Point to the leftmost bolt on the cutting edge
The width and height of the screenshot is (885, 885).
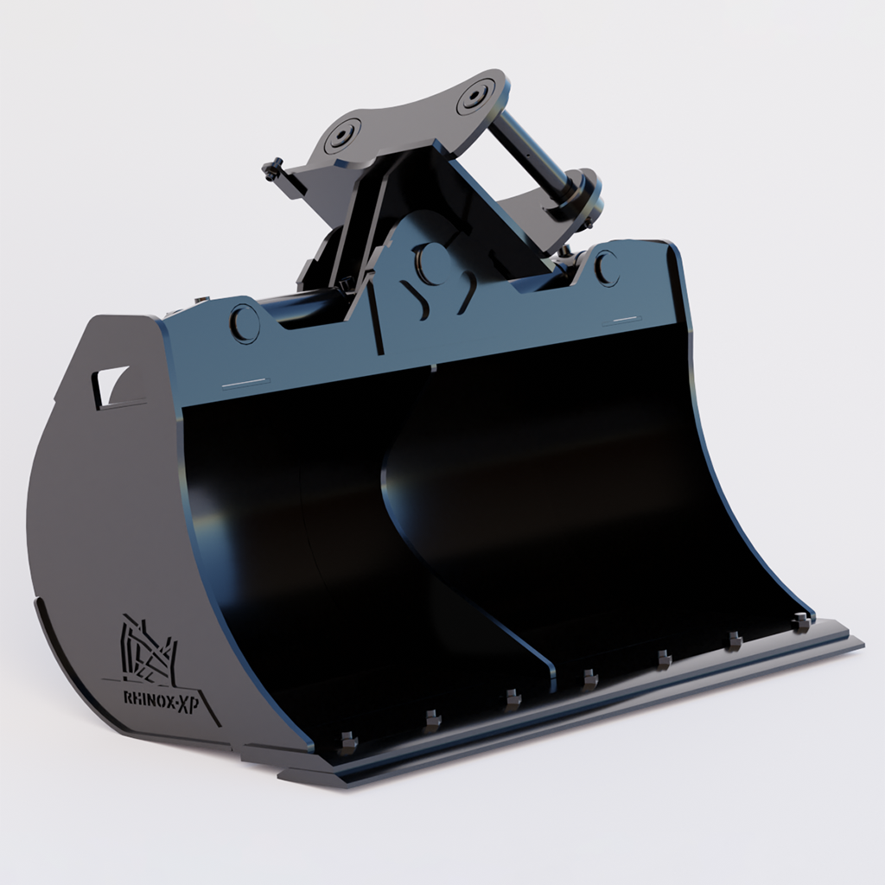[347, 742]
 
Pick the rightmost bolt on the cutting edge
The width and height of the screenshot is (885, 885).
[801, 621]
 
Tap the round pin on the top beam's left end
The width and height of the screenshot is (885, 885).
[245, 323]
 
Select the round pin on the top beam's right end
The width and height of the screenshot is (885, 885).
[607, 267]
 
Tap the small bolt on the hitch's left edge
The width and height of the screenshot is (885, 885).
[273, 170]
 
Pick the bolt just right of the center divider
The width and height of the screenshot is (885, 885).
[589, 678]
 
